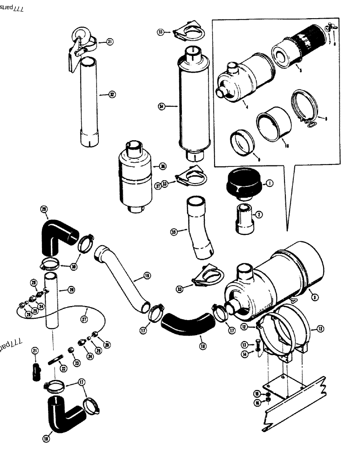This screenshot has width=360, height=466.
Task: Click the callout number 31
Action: pyautogui.click(x=110, y=42)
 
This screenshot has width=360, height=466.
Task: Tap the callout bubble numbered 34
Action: pyautogui.click(x=162, y=107)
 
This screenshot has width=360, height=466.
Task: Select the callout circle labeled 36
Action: pyautogui.click(x=162, y=166)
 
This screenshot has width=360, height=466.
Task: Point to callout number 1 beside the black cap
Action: pyautogui.click(x=270, y=184)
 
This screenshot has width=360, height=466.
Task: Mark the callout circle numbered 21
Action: pyautogui.click(x=35, y=351)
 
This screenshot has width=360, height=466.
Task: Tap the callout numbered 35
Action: pyautogui.click(x=174, y=232)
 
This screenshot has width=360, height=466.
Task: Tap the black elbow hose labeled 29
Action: pyautogui.click(x=58, y=233)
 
